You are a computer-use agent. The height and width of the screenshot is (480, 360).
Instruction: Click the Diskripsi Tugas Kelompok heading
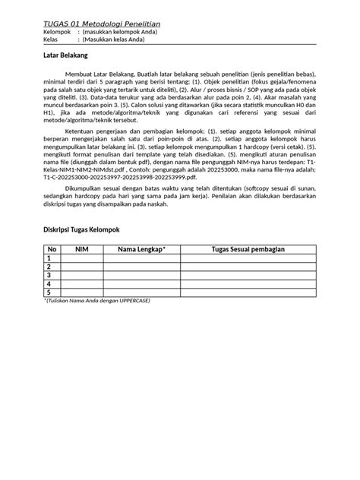click(86, 229)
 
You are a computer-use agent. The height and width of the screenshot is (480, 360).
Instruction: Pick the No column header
click(52, 250)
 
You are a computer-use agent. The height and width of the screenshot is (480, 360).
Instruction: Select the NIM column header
click(83, 250)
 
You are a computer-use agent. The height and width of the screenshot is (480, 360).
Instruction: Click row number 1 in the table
click(52, 259)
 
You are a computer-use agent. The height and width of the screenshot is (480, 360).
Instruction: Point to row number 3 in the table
click(52, 276)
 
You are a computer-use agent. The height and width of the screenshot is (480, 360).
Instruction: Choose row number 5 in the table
click(52, 292)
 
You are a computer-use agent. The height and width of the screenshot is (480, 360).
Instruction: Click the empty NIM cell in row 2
click(83, 267)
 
